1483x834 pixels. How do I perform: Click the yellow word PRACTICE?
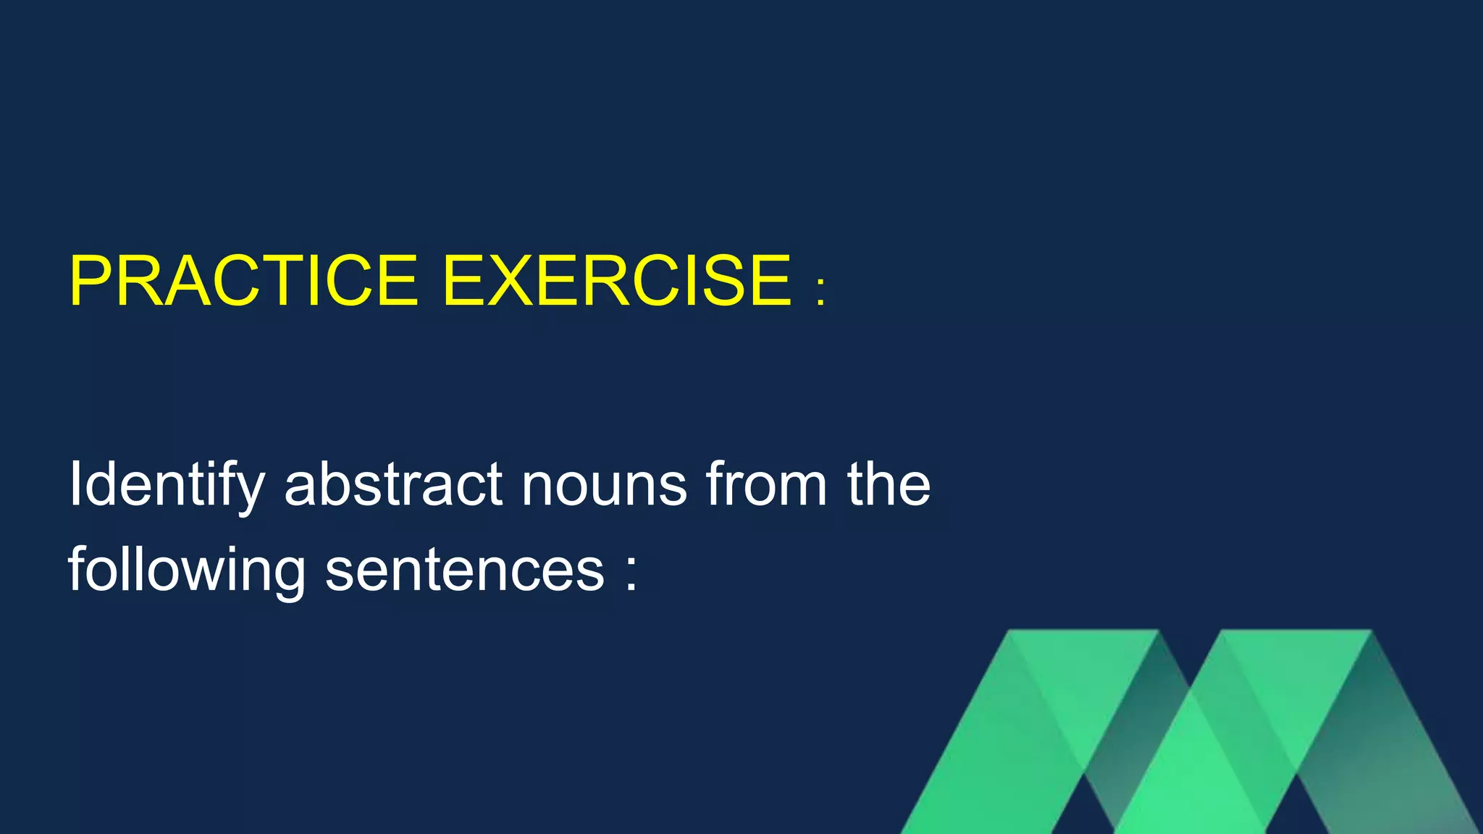pos(243,281)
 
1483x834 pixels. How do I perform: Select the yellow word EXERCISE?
pos(617,281)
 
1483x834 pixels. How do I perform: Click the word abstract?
pos(393,484)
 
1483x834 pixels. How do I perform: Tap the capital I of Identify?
pos(75,484)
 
